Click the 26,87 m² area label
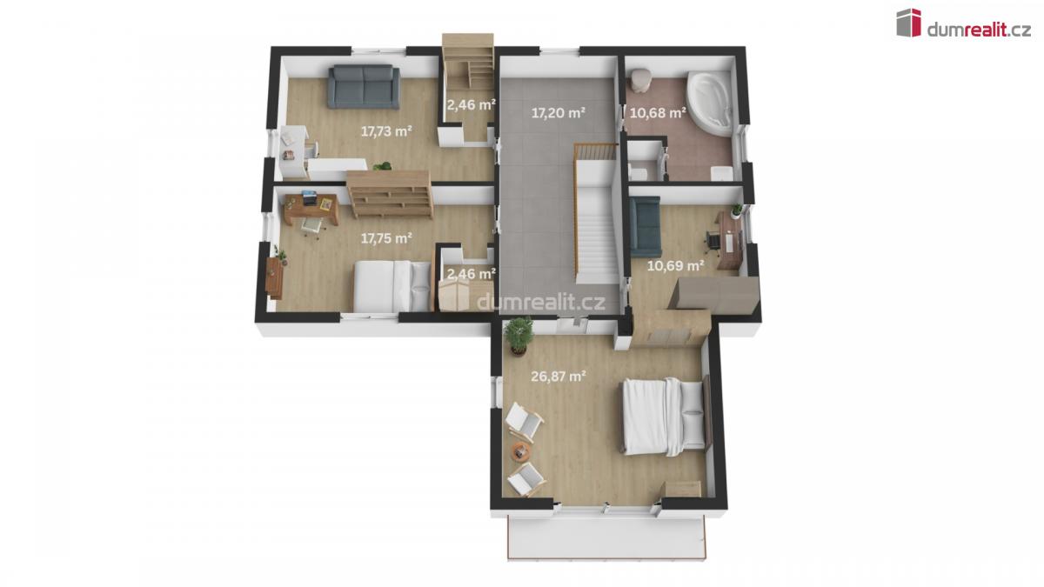[558, 377]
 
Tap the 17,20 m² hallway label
[558, 113]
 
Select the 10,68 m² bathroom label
[658, 113]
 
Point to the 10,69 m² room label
[675, 266]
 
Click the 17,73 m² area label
[386, 131]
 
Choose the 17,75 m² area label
[386, 238]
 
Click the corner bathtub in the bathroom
[710, 103]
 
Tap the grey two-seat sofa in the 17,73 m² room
[364, 87]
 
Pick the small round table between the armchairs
[521, 451]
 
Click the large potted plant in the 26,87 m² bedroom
[518, 336]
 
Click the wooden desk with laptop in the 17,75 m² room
[311, 209]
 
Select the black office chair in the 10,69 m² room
[712, 243]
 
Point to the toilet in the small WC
[638, 172]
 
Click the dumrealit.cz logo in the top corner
[963, 23]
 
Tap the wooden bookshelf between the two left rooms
[390, 194]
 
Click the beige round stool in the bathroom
[642, 79]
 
